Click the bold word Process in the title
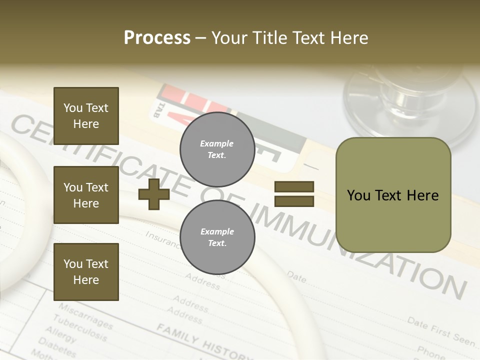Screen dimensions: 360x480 pos(157,37)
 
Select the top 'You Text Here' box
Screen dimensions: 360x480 pos(86,116)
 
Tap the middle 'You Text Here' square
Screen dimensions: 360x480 pos(86,195)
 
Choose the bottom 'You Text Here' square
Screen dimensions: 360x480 pos(86,272)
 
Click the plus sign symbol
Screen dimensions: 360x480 pos(154,194)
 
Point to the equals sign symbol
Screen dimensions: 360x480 pos(294,194)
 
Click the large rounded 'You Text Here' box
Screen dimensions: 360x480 pos(393,195)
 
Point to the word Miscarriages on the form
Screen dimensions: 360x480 pos(85,315)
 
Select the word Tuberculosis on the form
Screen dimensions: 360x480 pos(79,327)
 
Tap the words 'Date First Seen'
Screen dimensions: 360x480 pos(440,331)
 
